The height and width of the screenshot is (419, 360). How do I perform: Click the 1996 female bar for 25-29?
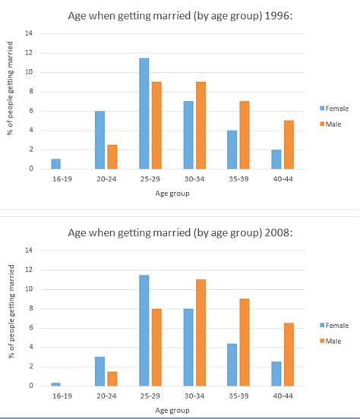[x=144, y=114]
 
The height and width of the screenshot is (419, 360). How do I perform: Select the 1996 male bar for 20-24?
[x=112, y=157]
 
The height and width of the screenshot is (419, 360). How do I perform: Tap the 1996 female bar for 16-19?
[x=55, y=164]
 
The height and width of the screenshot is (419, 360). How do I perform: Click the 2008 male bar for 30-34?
[x=201, y=332]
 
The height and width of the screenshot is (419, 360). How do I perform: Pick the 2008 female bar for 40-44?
[x=277, y=373]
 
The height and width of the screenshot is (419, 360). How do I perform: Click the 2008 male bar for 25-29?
[x=157, y=347]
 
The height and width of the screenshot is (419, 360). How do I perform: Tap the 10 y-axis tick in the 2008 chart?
[x=30, y=289]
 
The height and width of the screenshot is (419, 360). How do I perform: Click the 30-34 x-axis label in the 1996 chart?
[x=194, y=181]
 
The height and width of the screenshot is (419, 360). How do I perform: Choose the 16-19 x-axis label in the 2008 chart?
[x=62, y=397]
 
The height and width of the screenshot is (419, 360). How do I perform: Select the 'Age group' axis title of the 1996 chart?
[x=172, y=194]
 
